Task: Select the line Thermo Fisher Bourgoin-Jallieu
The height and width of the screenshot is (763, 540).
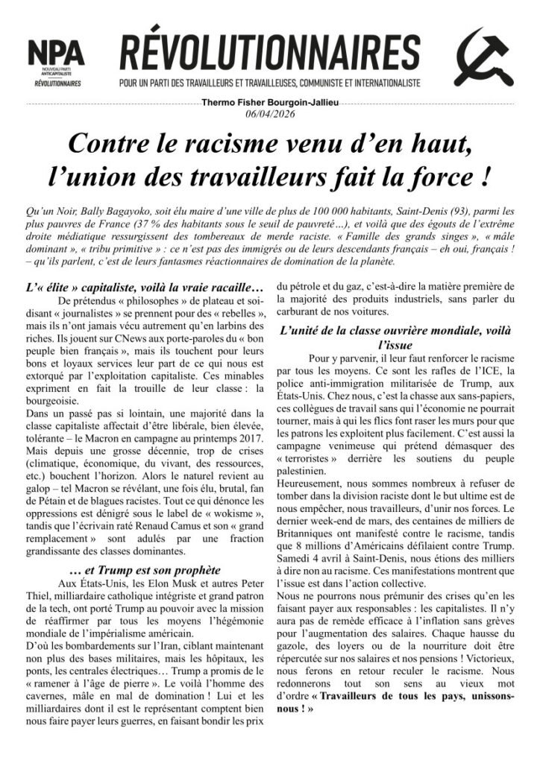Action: (x=270, y=102)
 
